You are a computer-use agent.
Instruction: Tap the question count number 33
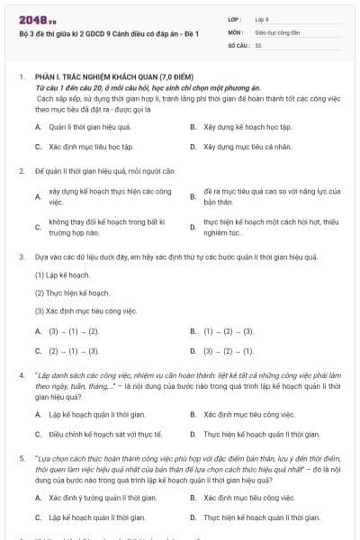coord(258,44)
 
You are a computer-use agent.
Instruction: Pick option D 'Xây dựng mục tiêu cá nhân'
coord(242,146)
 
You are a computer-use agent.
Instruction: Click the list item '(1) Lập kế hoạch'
coord(62,274)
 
